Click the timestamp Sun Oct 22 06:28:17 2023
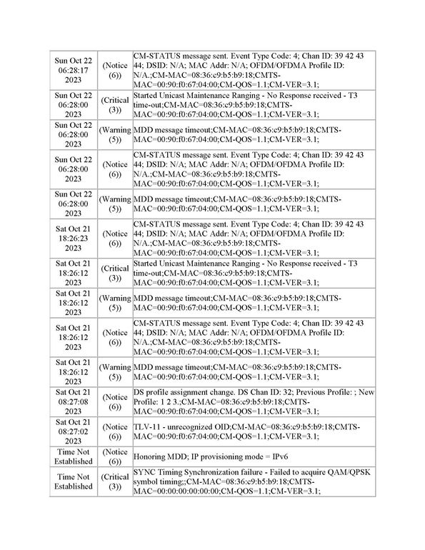click(x=73, y=69)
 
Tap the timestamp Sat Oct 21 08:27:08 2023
click(x=73, y=401)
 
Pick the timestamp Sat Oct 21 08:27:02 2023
click(x=73, y=431)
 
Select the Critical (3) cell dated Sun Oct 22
click(x=114, y=104)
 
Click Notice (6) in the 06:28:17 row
click(x=114, y=69)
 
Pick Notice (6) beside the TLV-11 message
click(x=114, y=431)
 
